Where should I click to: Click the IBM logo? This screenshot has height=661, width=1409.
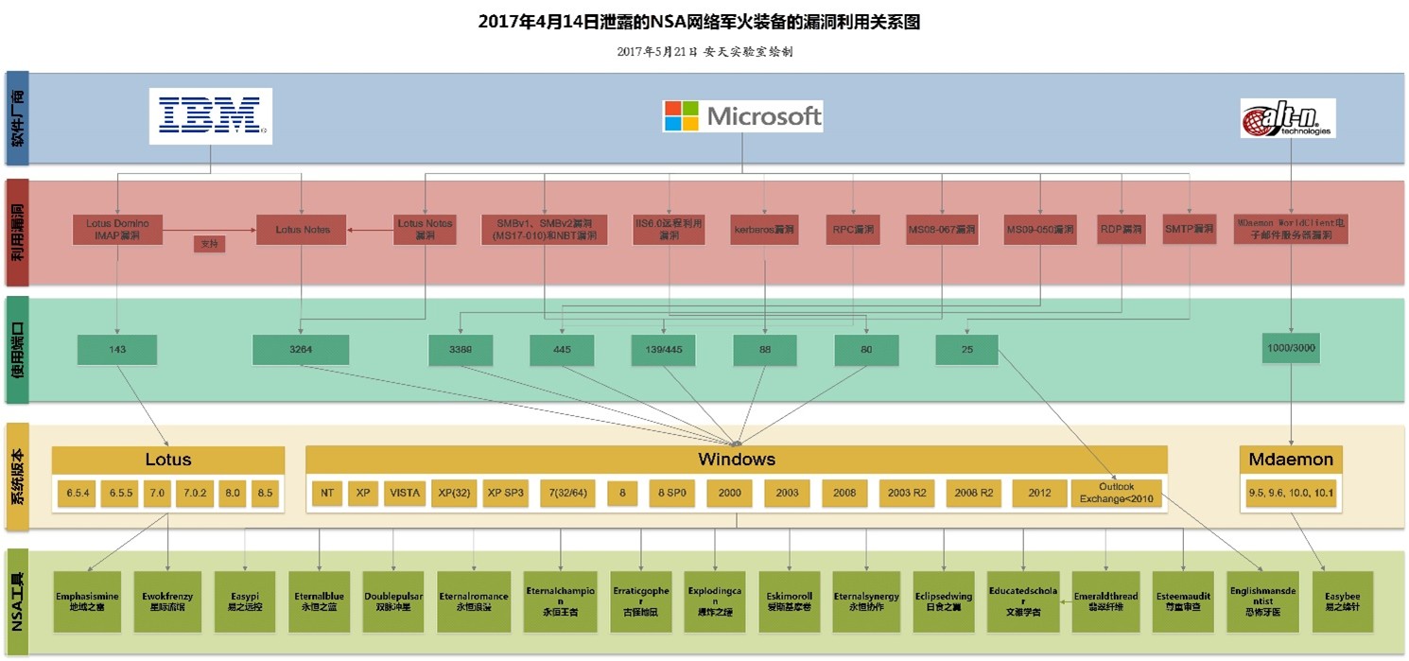click(210, 115)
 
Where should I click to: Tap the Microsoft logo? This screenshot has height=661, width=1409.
click(742, 116)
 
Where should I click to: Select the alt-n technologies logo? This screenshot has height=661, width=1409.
click(1287, 118)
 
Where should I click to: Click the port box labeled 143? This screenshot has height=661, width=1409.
click(117, 350)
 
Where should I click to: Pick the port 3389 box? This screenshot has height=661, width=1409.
click(459, 350)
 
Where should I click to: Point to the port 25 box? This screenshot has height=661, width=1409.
click(966, 350)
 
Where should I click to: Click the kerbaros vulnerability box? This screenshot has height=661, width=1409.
click(764, 230)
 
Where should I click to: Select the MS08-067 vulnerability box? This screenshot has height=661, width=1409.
click(941, 230)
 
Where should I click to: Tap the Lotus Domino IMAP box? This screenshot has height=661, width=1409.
click(117, 230)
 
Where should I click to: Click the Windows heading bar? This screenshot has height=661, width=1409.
click(736, 460)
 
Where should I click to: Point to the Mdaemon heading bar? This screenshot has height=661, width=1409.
click(1291, 460)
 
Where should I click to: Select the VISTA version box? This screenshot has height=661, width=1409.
click(404, 494)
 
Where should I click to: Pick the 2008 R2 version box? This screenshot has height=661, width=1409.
click(973, 494)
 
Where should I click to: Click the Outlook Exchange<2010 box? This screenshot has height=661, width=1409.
click(1116, 494)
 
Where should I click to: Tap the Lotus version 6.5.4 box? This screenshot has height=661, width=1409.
click(76, 494)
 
